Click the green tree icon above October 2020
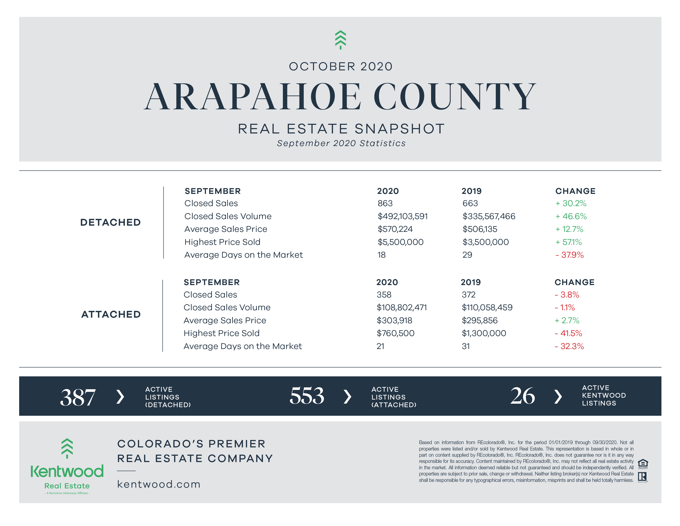click(340, 40)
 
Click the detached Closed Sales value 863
click(385, 203)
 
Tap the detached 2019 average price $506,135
click(480, 229)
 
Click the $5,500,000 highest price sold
click(400, 242)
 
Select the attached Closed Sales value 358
click(384, 295)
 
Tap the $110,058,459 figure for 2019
click(487, 308)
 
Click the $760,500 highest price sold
click(395, 333)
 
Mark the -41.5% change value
click(568, 333)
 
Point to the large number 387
click(78, 397)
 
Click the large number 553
click(307, 396)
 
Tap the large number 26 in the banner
click(522, 396)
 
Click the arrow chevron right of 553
click(347, 396)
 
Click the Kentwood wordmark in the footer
click(67, 471)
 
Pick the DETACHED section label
click(110, 223)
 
